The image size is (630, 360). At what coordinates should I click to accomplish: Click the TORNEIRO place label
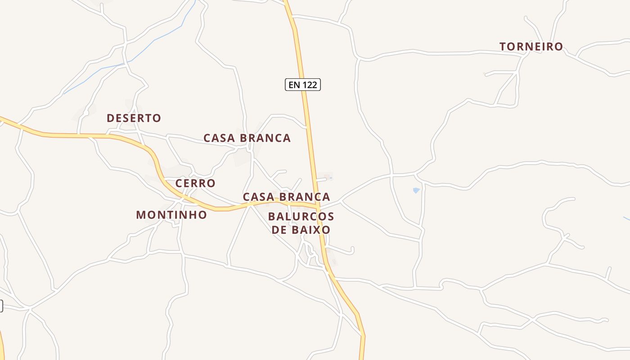531,46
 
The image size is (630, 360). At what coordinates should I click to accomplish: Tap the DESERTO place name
134,118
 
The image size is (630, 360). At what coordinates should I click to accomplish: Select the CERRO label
195,183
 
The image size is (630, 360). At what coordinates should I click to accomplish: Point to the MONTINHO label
171,215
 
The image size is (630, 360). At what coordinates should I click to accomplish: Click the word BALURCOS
301,217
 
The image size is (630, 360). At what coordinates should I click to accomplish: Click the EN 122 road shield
303,85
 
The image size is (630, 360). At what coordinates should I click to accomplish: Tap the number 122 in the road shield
310,85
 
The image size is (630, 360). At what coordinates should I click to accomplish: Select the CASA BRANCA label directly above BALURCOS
287,197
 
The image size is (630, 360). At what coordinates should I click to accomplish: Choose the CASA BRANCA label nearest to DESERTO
247,138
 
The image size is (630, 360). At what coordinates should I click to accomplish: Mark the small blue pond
416,191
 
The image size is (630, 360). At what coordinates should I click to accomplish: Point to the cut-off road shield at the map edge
1,306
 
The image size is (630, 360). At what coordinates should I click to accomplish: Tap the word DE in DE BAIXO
278,230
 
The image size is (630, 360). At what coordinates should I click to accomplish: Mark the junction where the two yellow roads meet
318,208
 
